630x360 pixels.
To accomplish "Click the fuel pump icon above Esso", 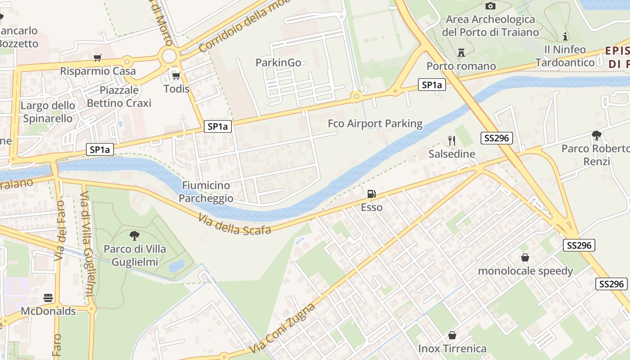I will pos(372,194).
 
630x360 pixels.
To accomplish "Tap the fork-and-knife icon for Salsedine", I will pos(452,140).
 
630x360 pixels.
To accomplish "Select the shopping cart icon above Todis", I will pos(176,76).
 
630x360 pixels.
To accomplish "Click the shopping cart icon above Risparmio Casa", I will pos(97,58).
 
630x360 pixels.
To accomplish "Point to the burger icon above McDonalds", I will pos(48,297).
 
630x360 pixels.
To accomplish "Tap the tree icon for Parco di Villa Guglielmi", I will pos(134,235).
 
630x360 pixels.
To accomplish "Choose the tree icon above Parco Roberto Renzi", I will pos(597,135).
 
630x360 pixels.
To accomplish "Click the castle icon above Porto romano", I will pos(461,53).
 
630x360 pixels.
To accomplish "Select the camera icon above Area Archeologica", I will pos(490,6).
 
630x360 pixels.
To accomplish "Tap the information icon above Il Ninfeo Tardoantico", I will pos(565,36).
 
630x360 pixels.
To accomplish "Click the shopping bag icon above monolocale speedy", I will pos(525,257).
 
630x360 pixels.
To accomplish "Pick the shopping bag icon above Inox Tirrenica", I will pos(452,335).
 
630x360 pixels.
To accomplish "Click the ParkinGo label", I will pos(278,63).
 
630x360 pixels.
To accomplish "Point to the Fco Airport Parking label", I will pos(375,124).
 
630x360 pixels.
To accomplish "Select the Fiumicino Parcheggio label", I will pos(206,192).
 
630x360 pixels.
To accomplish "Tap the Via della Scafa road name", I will pos(234,224).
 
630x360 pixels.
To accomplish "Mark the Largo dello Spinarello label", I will pos(48,112).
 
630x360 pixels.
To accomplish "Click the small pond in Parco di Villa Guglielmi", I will pos(176,266).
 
